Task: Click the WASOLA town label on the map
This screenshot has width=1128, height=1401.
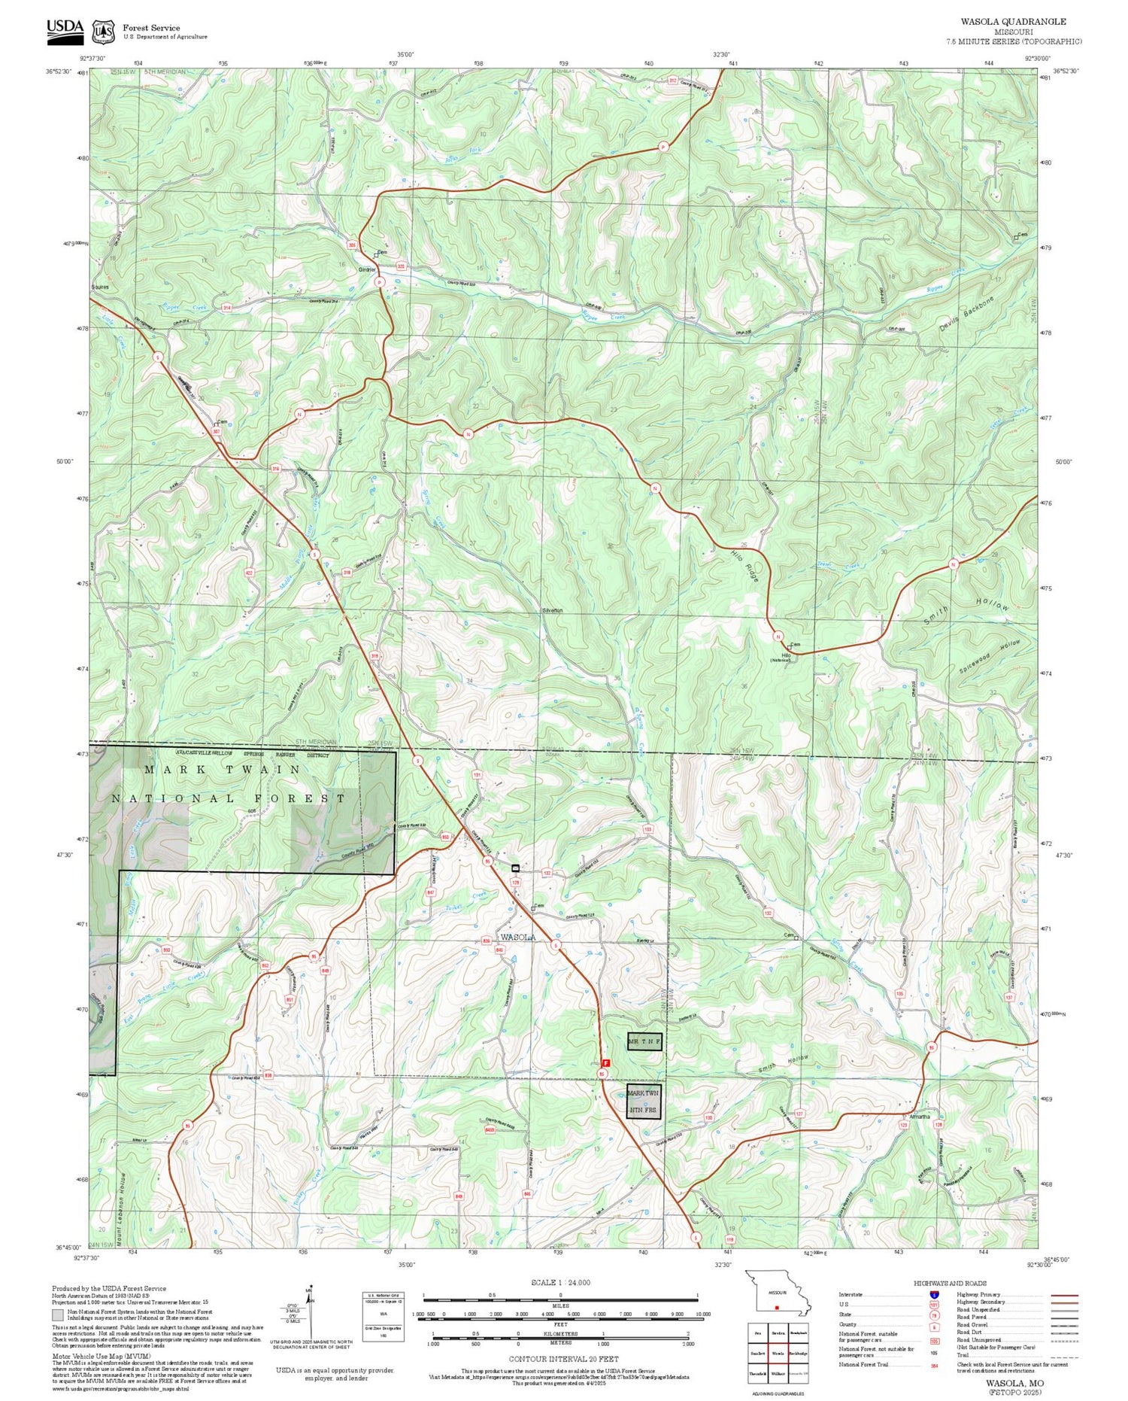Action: (x=518, y=938)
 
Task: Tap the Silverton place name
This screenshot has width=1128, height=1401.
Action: (x=552, y=610)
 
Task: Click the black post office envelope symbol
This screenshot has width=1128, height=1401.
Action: (x=515, y=868)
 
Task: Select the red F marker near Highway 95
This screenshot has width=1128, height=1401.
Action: (x=607, y=1062)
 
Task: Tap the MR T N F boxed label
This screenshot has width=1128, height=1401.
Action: (x=644, y=1041)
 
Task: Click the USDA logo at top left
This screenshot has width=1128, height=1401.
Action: (x=65, y=29)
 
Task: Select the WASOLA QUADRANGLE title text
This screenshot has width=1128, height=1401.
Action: (x=1013, y=22)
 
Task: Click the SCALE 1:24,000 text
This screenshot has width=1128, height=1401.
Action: (x=560, y=1283)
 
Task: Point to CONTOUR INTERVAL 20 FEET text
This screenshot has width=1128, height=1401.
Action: (x=563, y=1359)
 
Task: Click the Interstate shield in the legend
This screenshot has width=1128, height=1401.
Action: (x=934, y=1294)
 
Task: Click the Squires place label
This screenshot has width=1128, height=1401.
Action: (x=100, y=287)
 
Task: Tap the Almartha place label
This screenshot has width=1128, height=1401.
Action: (x=919, y=1117)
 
